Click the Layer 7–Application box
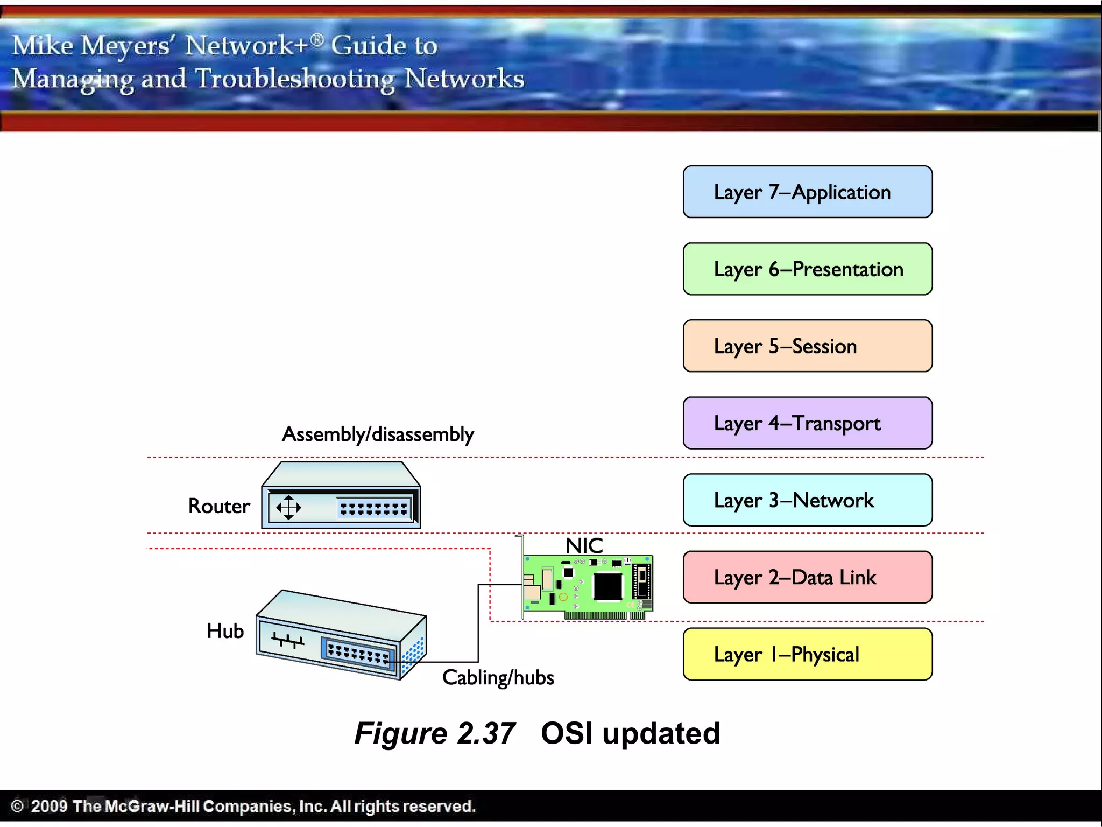pos(807,192)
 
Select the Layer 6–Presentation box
pos(807,269)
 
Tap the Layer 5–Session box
pos(807,346)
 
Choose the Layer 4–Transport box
pos(807,423)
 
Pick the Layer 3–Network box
pos(807,500)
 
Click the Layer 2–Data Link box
pos(807,577)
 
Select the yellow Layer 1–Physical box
pos(807,654)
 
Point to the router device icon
pos(341,495)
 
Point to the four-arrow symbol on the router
pos(288,507)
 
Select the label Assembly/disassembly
pos(378,434)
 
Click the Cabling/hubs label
pos(498,677)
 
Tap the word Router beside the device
pos(219,506)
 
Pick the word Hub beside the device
pos(225,631)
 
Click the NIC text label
pos(584,546)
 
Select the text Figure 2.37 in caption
pos(435,733)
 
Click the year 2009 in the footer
pos(49,806)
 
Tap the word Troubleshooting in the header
pos(294,79)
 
